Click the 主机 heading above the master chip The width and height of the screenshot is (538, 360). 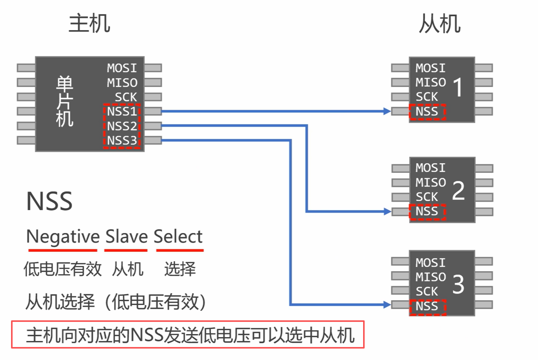click(89, 24)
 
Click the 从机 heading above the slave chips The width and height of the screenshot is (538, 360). click(440, 24)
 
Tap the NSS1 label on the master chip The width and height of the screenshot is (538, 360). click(122, 111)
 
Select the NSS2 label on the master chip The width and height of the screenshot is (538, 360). click(122, 126)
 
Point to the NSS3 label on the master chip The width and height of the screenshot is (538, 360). click(122, 140)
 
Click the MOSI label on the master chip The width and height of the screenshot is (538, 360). click(122, 68)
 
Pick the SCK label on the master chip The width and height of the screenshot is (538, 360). click(126, 97)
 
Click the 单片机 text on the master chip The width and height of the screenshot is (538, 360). click(64, 101)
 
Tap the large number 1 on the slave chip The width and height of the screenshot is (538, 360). click(458, 87)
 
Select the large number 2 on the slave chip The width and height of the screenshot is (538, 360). click(458, 190)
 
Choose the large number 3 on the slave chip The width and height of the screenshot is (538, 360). click(458, 284)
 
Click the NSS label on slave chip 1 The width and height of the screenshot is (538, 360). click(427, 111)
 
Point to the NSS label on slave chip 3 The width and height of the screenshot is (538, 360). click(427, 306)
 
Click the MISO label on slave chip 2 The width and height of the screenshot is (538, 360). click(431, 182)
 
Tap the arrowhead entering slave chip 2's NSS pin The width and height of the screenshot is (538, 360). click(387, 211)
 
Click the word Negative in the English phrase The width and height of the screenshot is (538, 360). click(63, 237)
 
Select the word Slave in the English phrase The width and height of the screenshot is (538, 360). click(126, 237)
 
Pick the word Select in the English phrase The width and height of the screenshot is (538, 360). click(178, 237)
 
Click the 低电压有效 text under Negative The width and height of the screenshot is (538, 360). click(62, 269)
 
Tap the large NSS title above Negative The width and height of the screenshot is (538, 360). click(49, 201)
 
